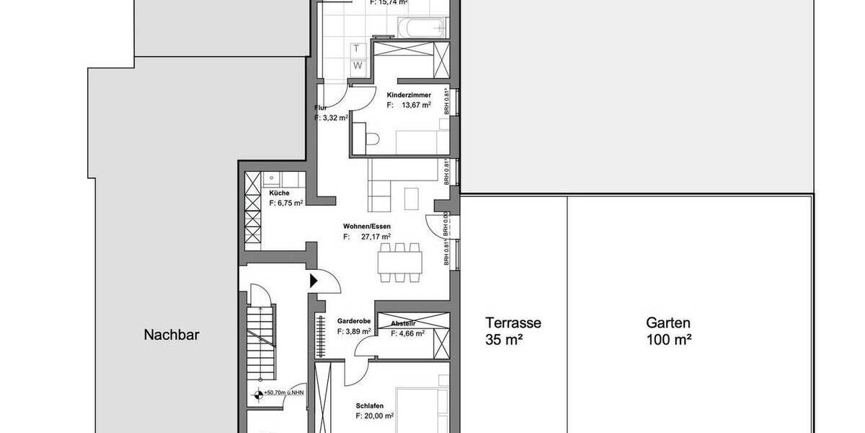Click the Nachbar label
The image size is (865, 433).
[171, 335]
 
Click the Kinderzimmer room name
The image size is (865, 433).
[409, 95]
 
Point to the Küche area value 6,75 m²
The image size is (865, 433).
[286, 204]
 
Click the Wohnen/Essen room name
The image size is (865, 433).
[366, 226]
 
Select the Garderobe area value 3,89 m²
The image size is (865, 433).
[354, 331]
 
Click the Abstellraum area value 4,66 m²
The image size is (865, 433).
[407, 333]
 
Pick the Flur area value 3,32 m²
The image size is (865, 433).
[331, 118]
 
